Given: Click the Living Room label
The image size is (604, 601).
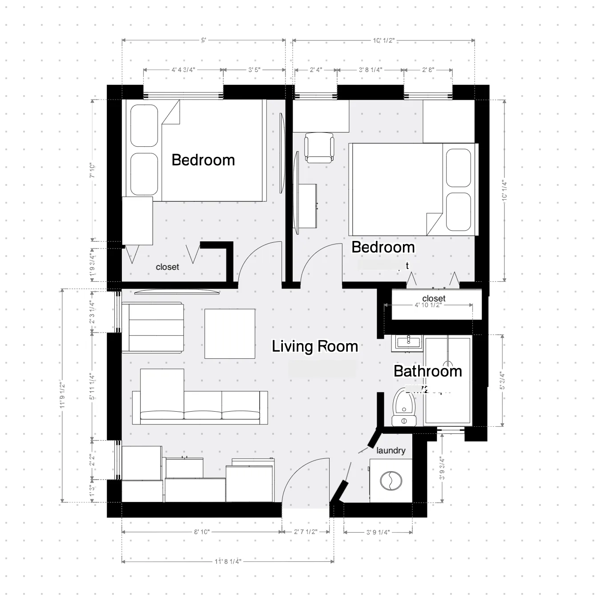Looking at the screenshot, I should point(315,346).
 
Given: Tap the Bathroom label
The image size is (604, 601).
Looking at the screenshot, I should point(427,371).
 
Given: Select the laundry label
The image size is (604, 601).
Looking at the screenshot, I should point(391,450).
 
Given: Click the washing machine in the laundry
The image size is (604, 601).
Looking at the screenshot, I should point(391,481).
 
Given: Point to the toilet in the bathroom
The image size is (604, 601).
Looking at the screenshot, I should point(404,406).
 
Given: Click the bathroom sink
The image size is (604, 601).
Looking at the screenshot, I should point(407,342).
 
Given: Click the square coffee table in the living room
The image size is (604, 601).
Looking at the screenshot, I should point(230,333).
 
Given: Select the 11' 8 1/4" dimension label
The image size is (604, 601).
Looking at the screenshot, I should point(228,561).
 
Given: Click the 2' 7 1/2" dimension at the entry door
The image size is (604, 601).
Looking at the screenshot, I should point(306,532).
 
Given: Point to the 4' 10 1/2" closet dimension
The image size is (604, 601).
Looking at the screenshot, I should point(427,305).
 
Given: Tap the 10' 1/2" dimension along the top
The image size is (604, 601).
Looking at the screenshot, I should point(383,40).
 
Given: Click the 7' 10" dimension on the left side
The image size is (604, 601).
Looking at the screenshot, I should point(93,170).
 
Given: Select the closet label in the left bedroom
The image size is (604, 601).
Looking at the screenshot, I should point(167,267).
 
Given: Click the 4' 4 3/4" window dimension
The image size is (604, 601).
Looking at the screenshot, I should point(183,70).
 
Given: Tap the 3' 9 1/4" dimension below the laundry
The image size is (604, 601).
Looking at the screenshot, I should point(378,532).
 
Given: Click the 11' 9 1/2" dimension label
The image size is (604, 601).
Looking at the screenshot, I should point(62,395).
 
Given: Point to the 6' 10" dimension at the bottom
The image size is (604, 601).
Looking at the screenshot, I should point(201,532).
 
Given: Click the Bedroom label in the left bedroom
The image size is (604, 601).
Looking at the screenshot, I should point(203,160).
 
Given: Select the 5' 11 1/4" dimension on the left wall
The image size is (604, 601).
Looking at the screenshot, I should point(92,386).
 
